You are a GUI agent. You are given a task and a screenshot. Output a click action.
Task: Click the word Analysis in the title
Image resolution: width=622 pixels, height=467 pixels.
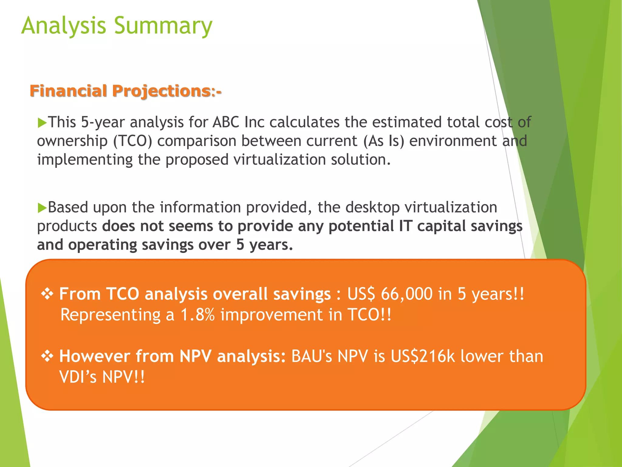pos(63,26)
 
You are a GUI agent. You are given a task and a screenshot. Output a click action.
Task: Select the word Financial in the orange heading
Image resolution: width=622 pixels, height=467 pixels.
pos(68,91)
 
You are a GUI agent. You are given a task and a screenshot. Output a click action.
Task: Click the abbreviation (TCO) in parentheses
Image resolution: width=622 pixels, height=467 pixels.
pos(132,141)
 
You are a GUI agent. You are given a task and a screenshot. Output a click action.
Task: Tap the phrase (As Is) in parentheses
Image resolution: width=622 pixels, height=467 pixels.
pos(384,141)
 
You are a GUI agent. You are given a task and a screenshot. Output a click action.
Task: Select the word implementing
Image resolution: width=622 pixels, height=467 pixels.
pos(85,160)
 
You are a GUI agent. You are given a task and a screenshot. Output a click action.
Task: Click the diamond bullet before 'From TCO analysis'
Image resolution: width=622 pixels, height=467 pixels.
pos(47,294)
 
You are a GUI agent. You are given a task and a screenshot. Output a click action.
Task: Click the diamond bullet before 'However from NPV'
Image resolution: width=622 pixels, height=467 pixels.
pos(47,356)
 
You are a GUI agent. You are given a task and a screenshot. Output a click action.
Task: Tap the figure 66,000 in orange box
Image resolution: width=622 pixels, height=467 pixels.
pos(406,294)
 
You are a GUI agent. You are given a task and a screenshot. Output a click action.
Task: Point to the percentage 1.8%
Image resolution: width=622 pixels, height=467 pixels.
pos(198,315)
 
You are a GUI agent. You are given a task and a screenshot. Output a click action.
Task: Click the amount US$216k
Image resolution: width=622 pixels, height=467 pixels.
pos(423,356)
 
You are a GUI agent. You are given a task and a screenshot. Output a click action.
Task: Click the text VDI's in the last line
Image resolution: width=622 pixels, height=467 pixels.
pos(78,377)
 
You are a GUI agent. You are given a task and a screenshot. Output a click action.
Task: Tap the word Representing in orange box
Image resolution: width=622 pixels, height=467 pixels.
pos(110,315)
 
